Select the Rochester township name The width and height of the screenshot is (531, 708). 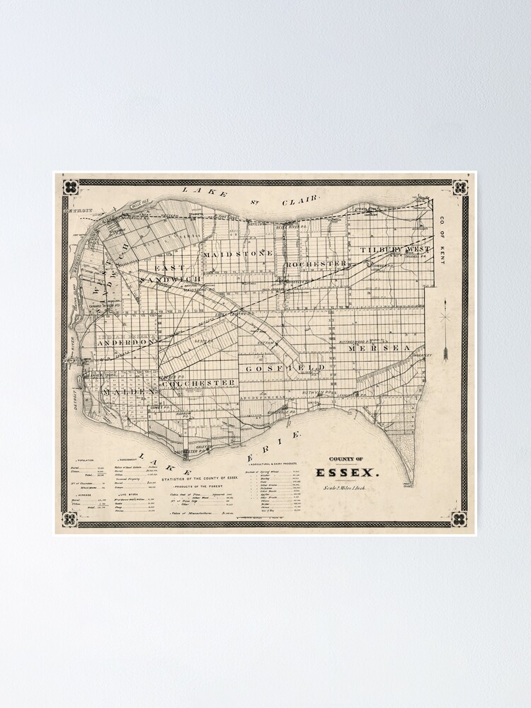coord(316,263)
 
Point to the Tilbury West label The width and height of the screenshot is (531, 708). coord(394,250)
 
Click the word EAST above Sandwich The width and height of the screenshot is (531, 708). coord(170,268)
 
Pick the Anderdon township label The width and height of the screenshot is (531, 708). coord(126,342)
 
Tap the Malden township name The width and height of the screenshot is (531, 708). coord(127,392)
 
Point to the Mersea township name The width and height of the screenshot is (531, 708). coord(379,348)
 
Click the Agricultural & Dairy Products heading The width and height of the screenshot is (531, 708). coord(273,460)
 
